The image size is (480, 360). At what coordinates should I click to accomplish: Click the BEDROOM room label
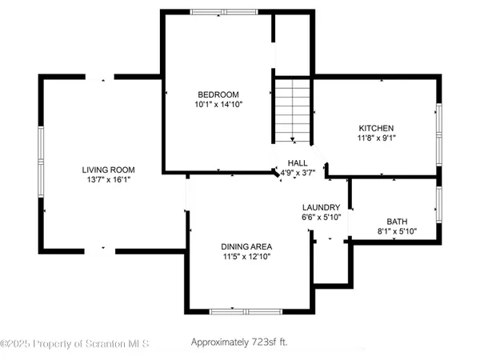click(218, 94)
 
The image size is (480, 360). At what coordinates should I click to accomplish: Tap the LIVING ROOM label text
click(108, 170)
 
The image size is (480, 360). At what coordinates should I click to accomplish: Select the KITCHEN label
click(376, 128)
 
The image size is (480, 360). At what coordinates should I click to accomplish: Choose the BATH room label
click(396, 222)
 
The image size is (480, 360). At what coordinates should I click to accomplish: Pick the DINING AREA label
click(247, 246)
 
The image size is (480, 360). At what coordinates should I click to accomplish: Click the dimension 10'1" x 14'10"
click(218, 104)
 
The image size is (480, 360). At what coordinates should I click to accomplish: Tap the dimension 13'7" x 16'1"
click(108, 180)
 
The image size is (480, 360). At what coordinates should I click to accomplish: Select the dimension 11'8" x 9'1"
click(376, 138)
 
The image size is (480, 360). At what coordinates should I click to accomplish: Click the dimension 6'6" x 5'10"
click(321, 217)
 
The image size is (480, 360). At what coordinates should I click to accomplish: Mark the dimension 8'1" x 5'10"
click(396, 232)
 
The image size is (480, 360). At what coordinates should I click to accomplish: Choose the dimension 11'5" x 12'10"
click(247, 257)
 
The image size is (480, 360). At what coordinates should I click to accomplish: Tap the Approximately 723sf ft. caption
click(239, 342)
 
